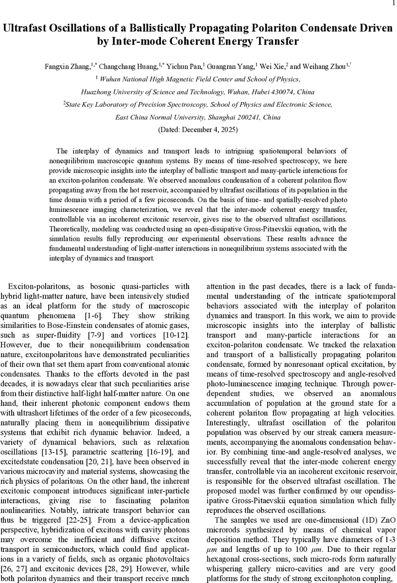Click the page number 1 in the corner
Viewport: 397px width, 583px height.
coord(392,3)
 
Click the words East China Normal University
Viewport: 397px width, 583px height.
coord(161,117)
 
